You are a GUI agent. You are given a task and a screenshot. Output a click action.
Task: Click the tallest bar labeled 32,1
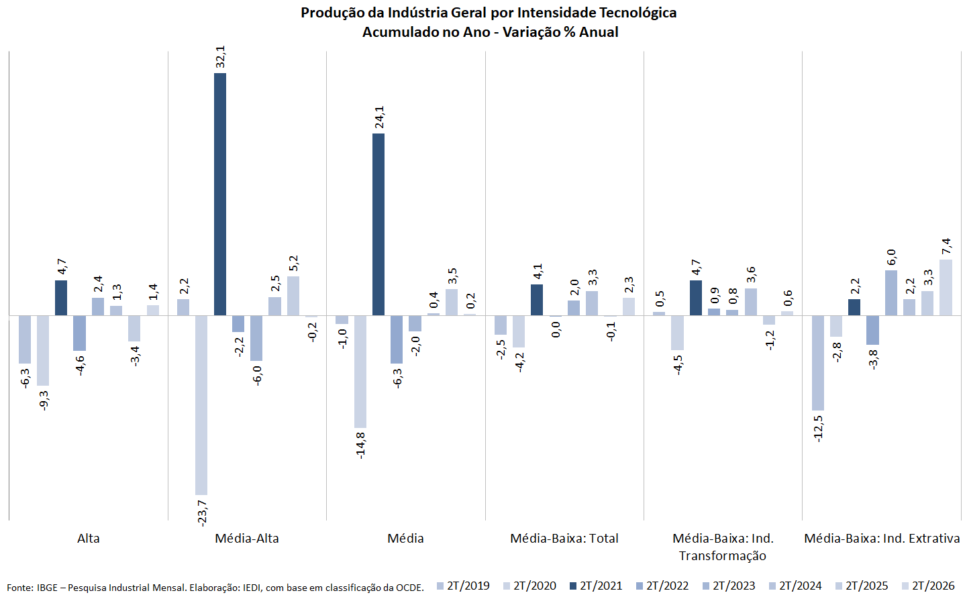click(219, 195)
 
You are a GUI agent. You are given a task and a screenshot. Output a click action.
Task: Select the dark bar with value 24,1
click(378, 225)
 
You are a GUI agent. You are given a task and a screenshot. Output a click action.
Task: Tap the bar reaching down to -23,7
click(201, 405)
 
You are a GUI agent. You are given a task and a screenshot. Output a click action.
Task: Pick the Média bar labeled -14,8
click(360, 372)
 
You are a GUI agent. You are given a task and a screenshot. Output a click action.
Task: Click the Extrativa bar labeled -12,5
click(817, 363)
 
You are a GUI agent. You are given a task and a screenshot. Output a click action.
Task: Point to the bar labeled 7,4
click(946, 288)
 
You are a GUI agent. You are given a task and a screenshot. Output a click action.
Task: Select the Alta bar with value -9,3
click(43, 351)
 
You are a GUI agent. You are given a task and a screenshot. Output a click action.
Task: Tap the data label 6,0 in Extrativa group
click(891, 257)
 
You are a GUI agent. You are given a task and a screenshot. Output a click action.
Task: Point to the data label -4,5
click(677, 365)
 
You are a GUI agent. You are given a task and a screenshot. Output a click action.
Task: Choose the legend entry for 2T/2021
click(596, 586)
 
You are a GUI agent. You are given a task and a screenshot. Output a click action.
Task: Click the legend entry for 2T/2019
click(463, 586)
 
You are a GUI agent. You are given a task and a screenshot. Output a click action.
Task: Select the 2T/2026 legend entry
click(928, 586)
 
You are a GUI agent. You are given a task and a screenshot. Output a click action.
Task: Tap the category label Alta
click(89, 539)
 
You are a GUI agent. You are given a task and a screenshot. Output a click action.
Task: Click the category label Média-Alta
click(247, 539)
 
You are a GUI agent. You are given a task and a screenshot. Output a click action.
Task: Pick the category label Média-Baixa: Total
click(564, 539)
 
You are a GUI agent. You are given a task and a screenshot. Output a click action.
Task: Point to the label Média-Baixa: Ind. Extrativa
click(882, 539)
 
